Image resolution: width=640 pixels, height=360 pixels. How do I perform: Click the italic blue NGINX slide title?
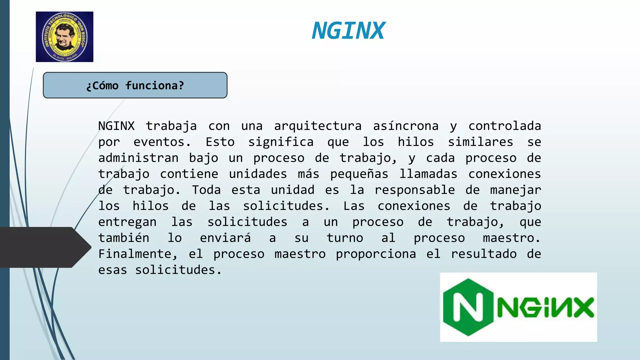(x=348, y=31)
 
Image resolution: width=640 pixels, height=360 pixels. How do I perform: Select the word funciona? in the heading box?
(x=155, y=86)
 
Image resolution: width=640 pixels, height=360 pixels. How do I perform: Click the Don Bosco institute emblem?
(x=64, y=37)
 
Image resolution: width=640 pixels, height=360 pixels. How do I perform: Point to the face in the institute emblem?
(x=65, y=37)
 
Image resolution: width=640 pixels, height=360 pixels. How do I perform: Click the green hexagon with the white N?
(x=468, y=307)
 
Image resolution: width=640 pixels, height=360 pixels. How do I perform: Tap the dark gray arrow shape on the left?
(x=44, y=247)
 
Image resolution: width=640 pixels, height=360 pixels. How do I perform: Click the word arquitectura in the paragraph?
(x=318, y=126)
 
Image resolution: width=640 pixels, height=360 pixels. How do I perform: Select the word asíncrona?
(x=406, y=126)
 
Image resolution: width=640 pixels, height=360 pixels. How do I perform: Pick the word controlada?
(x=505, y=126)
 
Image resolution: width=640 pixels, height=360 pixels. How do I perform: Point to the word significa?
(x=281, y=142)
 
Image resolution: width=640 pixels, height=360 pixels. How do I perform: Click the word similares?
(x=480, y=142)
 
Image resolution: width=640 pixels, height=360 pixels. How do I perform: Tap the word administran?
(x=138, y=158)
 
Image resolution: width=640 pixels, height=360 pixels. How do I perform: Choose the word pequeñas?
(x=359, y=174)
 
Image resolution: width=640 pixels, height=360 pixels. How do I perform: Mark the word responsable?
(x=415, y=190)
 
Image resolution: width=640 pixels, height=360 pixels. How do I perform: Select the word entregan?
(x=127, y=222)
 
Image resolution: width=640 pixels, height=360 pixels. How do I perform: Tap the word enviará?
(x=225, y=238)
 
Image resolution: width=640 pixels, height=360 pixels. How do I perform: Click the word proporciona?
(x=376, y=254)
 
